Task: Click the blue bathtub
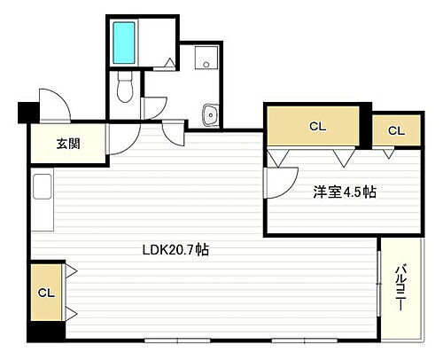click(122, 41)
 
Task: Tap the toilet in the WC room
click(125, 87)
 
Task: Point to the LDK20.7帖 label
click(175, 250)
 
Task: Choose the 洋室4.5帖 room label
click(344, 191)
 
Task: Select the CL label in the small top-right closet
click(395, 131)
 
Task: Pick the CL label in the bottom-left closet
click(46, 291)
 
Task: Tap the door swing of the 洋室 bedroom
click(280, 182)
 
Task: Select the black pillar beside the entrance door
click(25, 113)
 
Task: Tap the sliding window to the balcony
click(380, 287)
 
